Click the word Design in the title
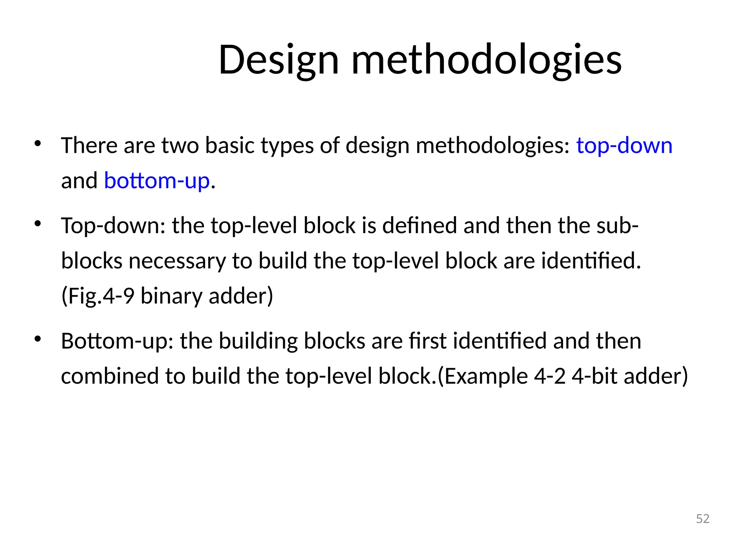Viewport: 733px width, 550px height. pos(278,60)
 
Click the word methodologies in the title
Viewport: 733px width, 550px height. pos(487,60)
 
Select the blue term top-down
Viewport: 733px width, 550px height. pos(624,146)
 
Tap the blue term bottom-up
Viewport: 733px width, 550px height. pos(157,181)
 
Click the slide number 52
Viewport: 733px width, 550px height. pos(703,519)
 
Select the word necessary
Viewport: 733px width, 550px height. pos(177,261)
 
